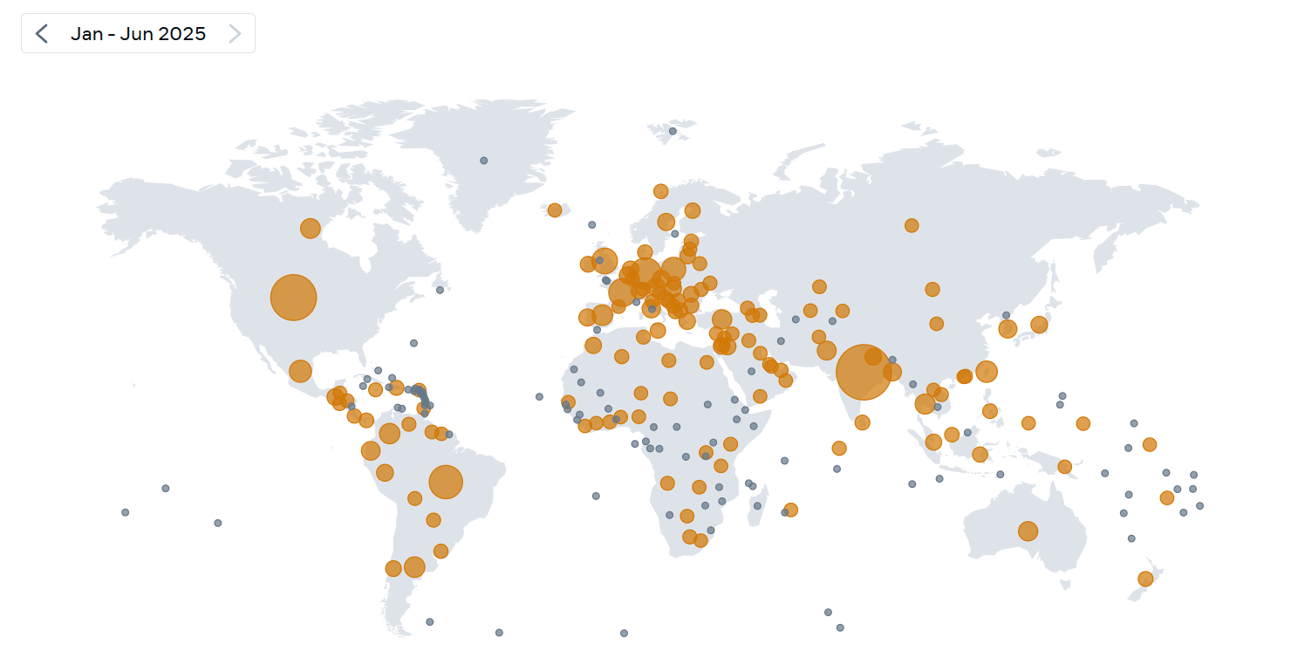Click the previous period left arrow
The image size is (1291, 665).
41,34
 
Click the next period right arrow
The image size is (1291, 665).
234,34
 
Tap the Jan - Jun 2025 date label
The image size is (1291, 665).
138,34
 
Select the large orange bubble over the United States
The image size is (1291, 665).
293,298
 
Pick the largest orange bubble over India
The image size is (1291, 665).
864,372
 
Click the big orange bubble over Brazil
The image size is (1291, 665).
446,482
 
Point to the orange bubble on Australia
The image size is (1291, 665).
1028,531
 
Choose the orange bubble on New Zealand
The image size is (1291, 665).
1145,579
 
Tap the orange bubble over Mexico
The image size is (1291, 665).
300,371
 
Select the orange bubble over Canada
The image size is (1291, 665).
311,229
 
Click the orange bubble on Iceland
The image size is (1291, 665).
555,210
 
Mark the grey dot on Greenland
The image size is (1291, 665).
484,161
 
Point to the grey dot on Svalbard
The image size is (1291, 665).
673,131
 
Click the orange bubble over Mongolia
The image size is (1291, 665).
932,289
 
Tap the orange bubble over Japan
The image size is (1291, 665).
1039,325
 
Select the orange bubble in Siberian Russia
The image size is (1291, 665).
912,225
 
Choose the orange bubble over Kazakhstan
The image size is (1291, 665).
819,286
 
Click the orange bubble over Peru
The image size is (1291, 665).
371,450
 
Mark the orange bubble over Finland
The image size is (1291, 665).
693,210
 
